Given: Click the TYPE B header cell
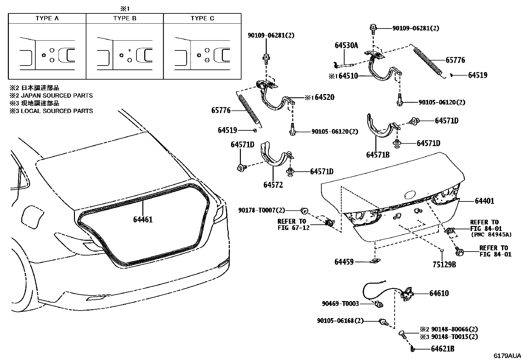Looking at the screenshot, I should tap(125, 18).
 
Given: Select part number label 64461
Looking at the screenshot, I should tap(143, 219).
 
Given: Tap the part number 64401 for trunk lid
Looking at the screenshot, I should tap(484, 201).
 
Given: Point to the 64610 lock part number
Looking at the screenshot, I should tap(439, 294).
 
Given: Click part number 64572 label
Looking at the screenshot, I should tap(273, 185).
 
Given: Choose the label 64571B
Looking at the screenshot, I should tap(378, 155).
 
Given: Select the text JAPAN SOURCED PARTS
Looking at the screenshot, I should tap(57, 96).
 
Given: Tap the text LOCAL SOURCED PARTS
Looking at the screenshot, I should tap(57, 111).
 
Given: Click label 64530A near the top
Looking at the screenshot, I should tap(346, 46).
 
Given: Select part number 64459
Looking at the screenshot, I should tap(344, 262).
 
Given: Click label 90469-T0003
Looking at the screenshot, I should tap(340, 304).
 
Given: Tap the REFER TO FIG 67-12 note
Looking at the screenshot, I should tap(293, 224).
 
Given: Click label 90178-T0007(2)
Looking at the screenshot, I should tap(261, 210).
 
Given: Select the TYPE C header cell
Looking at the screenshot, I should tap(202, 18).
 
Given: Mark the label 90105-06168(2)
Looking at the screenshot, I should tap(340, 321).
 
